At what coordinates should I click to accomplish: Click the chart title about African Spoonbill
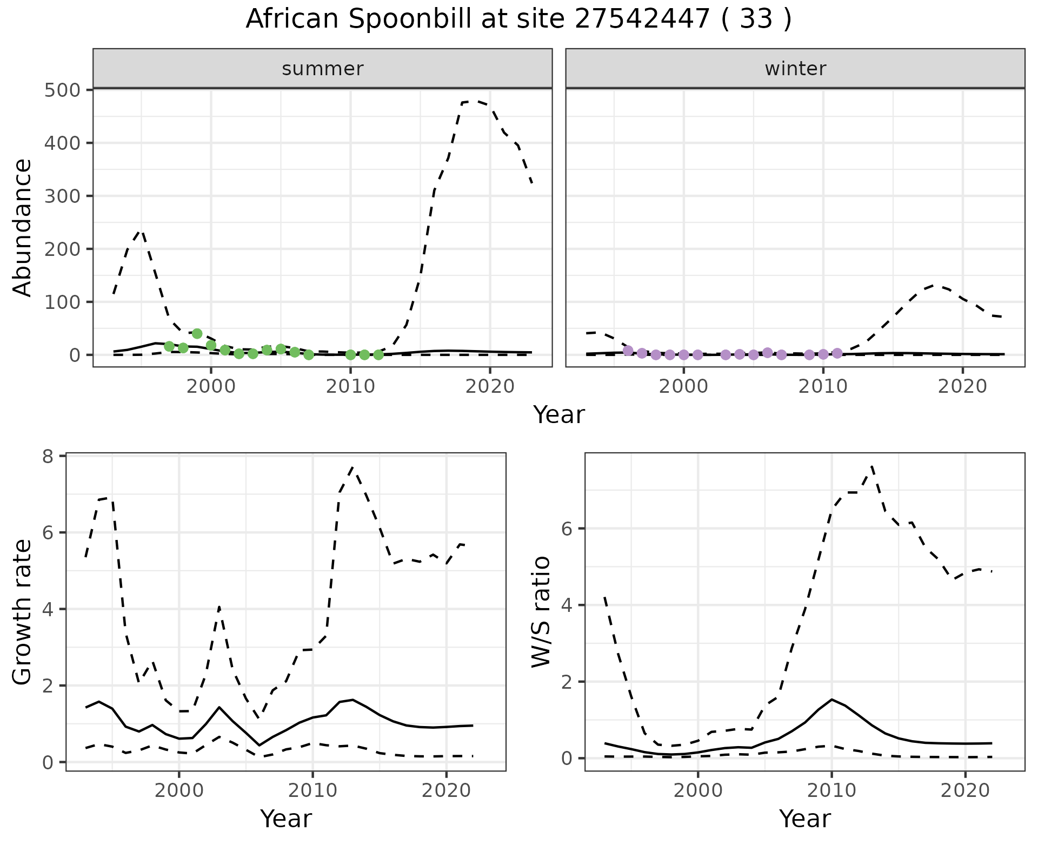point(518,19)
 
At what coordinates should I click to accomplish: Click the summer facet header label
point(323,69)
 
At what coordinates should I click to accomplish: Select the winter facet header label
point(795,69)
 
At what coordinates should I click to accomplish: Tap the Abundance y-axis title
point(23,227)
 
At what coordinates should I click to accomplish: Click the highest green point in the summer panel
point(197,333)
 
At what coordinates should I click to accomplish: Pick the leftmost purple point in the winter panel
point(628,351)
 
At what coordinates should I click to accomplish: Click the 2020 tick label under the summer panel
point(490,386)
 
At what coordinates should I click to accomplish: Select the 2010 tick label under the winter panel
point(823,386)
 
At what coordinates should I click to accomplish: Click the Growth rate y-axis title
point(23,611)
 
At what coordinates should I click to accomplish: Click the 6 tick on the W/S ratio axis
point(567,529)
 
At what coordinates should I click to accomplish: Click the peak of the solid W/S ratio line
point(831,699)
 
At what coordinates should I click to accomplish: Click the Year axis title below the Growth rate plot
point(286,819)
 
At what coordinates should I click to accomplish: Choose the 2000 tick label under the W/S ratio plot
point(698,791)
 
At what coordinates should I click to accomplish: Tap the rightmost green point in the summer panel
point(378,355)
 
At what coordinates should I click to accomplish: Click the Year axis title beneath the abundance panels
point(559,415)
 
